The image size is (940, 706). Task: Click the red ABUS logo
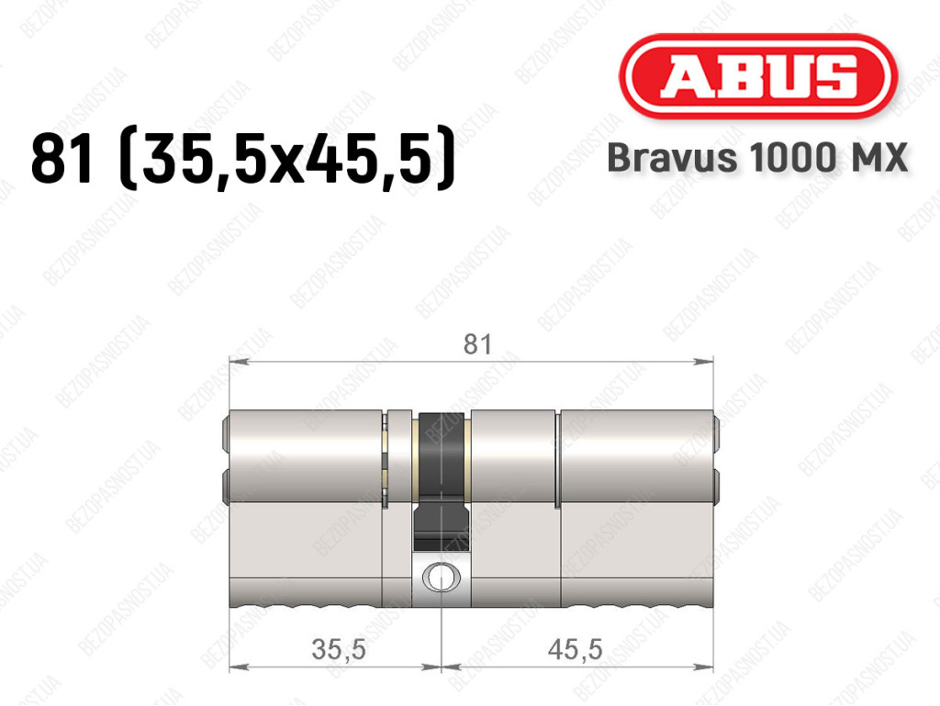point(757,76)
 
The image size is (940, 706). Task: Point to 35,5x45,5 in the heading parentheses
point(287,159)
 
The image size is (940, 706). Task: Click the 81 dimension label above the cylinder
point(477,344)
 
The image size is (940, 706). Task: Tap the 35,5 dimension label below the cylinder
point(339,650)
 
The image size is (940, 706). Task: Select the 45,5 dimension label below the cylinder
point(575,650)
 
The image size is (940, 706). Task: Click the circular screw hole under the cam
point(442,577)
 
